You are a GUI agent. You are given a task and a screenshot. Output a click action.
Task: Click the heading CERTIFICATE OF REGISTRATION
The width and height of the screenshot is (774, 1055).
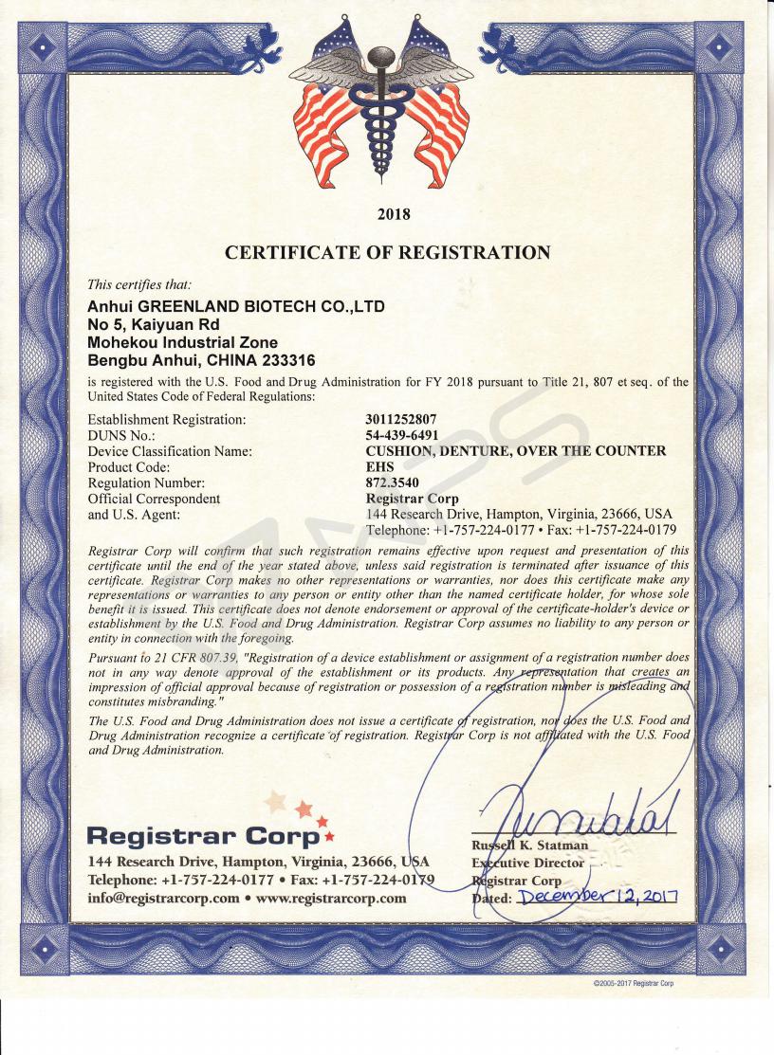387,252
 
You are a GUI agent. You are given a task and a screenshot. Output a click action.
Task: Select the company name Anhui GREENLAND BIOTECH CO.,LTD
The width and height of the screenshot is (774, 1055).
235,306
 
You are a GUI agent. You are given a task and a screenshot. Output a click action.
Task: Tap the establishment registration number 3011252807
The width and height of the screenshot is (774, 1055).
402,419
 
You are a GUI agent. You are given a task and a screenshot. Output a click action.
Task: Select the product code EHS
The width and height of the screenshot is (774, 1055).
379,467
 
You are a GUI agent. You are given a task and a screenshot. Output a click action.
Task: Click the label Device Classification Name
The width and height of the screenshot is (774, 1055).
170,451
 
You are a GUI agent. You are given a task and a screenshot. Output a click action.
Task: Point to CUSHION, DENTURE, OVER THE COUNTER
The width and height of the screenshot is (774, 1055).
515,451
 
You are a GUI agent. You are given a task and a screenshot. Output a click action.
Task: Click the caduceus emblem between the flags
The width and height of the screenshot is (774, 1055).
381,104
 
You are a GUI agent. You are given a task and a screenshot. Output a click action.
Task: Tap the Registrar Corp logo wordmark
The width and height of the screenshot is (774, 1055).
203,836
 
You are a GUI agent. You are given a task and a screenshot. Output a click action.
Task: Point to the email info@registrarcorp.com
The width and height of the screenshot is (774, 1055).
163,899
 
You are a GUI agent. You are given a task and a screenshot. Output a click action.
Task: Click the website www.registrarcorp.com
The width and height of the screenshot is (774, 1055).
331,899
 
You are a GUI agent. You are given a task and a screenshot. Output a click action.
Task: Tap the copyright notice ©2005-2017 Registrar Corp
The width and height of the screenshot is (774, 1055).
633,983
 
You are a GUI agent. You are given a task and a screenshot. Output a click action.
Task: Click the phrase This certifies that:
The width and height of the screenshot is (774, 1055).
138,284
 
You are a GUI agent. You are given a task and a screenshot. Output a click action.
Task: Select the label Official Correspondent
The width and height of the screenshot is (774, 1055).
154,499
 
